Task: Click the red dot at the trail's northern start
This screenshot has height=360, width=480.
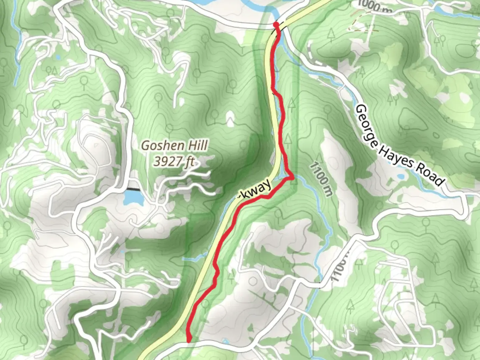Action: coord(276,25)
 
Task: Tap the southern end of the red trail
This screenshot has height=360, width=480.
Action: coord(189,340)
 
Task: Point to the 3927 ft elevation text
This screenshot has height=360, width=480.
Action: coord(174,162)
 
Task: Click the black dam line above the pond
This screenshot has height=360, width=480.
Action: coord(133,189)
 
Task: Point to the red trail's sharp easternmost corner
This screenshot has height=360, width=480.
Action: coord(293,178)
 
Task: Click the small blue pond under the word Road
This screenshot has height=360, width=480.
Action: coord(400,176)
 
